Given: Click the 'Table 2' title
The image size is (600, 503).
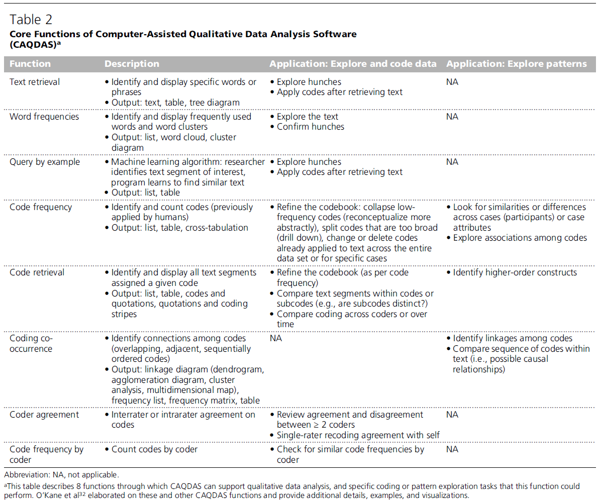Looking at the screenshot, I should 31,20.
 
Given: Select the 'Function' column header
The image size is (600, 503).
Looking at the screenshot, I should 30,64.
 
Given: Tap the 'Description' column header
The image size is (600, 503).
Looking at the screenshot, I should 132,64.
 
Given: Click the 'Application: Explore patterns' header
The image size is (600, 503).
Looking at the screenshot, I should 516,64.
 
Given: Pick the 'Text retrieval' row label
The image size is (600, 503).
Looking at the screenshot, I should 35,82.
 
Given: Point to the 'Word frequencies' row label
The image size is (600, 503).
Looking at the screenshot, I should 44,117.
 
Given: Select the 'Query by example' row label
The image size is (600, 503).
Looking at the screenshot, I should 44,162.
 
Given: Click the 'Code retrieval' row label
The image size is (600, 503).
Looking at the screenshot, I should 37,272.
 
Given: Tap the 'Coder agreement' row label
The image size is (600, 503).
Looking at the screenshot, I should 44,415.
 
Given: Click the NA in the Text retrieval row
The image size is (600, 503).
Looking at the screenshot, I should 452,82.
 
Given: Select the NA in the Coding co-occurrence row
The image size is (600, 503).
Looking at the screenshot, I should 276,339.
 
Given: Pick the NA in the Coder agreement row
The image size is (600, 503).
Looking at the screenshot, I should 452,415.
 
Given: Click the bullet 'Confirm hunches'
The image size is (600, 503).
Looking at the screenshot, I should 310,127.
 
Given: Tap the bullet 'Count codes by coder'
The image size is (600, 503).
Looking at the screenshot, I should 154,449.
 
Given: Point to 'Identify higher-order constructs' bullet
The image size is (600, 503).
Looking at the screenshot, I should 515,272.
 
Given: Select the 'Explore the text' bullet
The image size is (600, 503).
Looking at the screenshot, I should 307,117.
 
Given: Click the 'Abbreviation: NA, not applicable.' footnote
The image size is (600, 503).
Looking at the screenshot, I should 62,474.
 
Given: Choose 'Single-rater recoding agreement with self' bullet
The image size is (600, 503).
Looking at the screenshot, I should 358,435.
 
